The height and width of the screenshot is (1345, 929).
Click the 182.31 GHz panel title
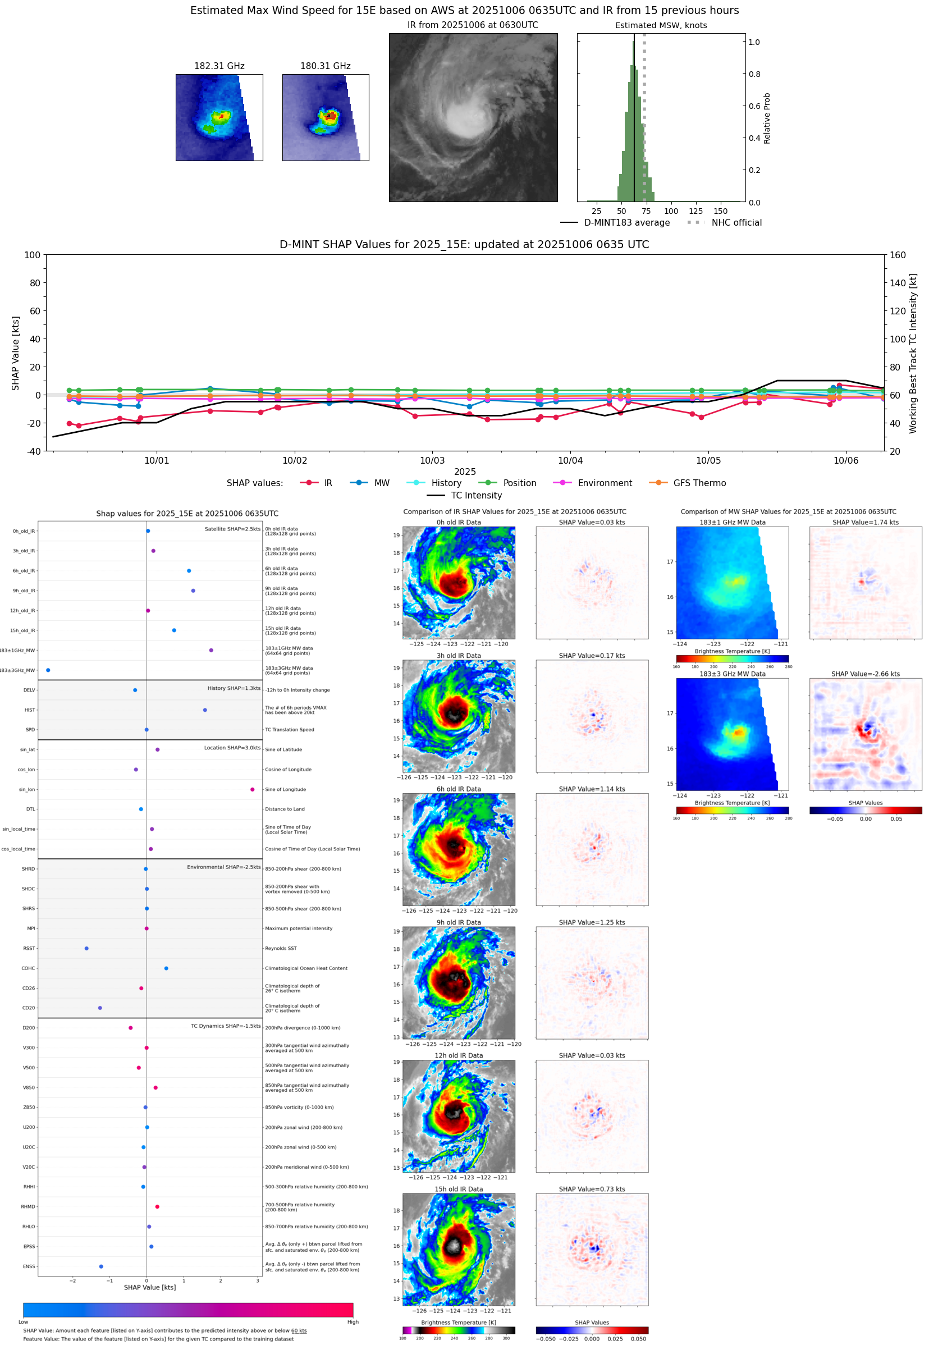[x=219, y=66]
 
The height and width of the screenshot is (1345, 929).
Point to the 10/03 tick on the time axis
[x=432, y=460]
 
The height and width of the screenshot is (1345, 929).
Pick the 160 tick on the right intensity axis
[x=898, y=255]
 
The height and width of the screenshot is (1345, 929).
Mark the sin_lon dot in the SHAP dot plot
[x=252, y=789]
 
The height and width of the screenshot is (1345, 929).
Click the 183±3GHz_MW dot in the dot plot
[x=48, y=670]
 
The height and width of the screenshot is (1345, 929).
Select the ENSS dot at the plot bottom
[x=101, y=1266]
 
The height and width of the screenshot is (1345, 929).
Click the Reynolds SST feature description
[x=281, y=948]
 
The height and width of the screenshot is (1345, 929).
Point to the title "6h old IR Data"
[x=459, y=789]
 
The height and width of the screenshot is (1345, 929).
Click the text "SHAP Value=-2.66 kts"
[x=865, y=674]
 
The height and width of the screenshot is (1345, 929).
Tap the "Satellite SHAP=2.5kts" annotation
[x=232, y=529]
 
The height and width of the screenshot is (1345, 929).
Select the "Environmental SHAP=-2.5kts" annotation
[x=223, y=867]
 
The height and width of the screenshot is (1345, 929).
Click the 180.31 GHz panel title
[x=326, y=66]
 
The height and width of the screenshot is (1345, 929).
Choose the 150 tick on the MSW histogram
[x=721, y=211]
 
